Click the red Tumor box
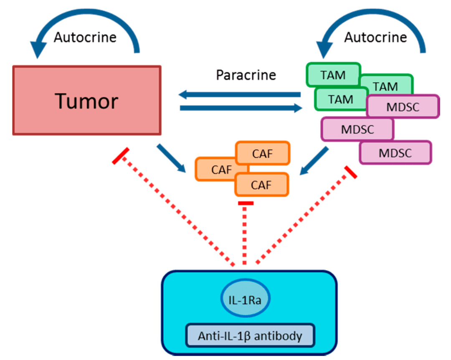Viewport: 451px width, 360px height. click(x=87, y=100)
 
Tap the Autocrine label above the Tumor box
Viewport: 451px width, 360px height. click(x=85, y=38)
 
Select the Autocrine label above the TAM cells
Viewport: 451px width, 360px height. click(x=375, y=38)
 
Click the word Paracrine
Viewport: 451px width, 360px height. click(x=246, y=75)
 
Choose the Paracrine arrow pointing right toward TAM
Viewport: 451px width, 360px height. click(x=241, y=109)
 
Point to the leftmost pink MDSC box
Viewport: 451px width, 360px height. click(x=357, y=129)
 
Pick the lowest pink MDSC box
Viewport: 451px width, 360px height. click(x=395, y=153)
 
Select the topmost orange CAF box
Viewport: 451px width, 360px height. click(x=263, y=153)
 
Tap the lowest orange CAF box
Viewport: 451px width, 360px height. click(x=261, y=184)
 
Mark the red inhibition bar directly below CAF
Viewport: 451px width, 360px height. click(x=245, y=203)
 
